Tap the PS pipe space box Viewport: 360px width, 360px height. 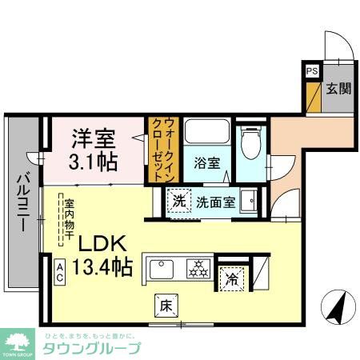click(310, 70)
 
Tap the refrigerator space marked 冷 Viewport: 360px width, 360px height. click(231, 279)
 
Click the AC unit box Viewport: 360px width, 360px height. click(60, 274)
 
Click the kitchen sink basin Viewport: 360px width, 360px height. click(162, 267)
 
